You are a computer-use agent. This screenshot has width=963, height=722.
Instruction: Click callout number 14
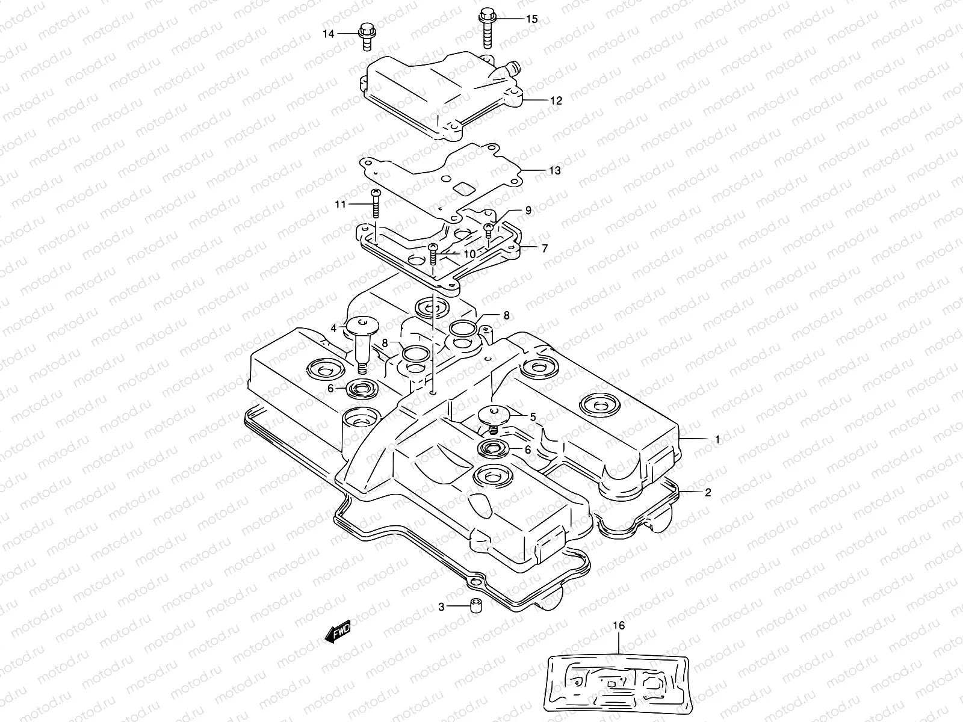(328, 34)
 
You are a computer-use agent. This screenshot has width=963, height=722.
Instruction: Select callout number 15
(531, 19)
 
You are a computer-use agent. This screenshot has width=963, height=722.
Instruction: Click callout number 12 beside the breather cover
(556, 100)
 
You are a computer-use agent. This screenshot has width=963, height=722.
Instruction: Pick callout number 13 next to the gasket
(554, 170)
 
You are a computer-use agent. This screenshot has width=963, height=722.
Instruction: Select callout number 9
(528, 210)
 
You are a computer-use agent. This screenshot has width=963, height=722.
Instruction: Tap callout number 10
(470, 254)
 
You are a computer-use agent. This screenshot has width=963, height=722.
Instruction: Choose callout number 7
(544, 248)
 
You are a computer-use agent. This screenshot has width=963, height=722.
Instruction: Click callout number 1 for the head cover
(717, 439)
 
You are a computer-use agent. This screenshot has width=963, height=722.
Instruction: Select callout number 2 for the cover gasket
(708, 492)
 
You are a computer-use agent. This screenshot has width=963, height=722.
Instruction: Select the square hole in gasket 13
(463, 188)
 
